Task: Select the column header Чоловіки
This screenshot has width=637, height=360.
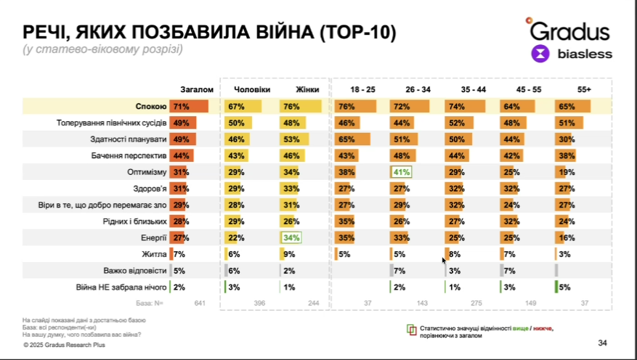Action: pos(252,89)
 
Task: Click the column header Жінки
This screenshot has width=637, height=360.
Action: pos(308,89)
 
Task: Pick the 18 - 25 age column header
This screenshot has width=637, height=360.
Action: pos(362,89)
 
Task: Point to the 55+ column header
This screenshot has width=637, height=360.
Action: pos(583,89)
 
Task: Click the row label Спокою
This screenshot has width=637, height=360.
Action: pos(151,106)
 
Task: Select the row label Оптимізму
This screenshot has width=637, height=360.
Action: pos(148,172)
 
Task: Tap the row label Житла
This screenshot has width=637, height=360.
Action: pos(155,253)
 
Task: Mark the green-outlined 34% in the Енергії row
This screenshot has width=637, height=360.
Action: pos(291,237)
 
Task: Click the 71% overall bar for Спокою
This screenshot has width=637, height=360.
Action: pos(189,106)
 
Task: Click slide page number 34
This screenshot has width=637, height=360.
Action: pos(602,343)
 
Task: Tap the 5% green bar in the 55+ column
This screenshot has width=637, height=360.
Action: pos(559,287)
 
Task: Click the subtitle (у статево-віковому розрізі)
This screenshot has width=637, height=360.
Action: pos(102,49)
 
